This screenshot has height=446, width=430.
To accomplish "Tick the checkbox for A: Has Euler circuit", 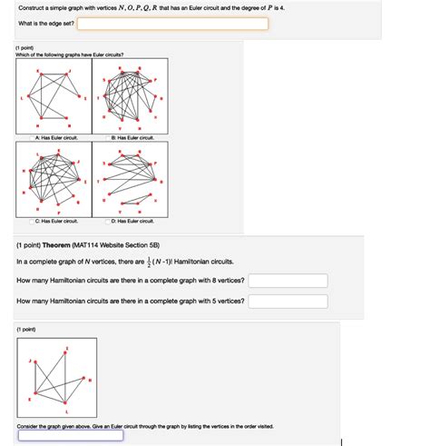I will (x=31, y=137).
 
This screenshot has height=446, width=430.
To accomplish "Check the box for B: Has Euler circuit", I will (x=106, y=137).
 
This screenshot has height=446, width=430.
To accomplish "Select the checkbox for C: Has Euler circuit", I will (x=31, y=221).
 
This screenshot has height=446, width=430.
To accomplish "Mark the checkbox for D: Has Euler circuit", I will (x=106, y=221).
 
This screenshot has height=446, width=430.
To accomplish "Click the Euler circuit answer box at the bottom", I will (x=70, y=434).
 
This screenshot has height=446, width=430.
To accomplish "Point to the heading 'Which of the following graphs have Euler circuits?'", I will (x=70, y=54).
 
